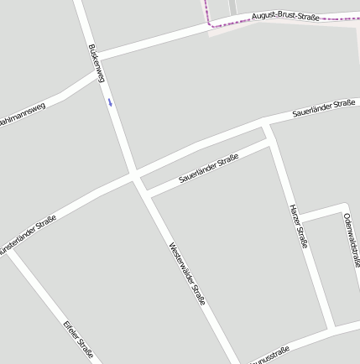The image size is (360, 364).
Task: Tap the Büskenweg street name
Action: point(95,63)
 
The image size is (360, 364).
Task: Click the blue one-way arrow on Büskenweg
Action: point(109,103)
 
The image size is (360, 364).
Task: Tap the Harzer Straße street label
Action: point(299,226)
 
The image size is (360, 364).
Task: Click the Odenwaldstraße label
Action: point(352,239)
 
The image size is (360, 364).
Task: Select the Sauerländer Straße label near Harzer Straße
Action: point(208,169)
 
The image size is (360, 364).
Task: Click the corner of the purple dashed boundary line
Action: point(211,25)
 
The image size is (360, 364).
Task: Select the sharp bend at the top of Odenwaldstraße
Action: point(343,205)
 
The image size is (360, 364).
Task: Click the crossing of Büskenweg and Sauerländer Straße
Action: point(134,177)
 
